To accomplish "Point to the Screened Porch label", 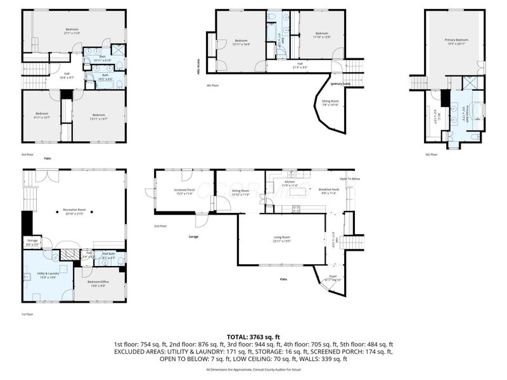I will (185, 191).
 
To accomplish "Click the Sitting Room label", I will (330, 102).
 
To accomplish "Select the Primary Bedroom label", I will (456, 41).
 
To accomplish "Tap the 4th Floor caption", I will (212, 85).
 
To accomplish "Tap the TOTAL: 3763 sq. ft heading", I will (253, 337).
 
